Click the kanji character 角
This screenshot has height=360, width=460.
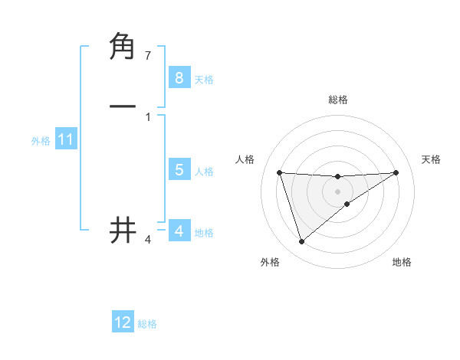[123, 47]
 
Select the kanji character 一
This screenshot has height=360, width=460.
[123, 106]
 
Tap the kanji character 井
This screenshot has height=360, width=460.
[123, 230]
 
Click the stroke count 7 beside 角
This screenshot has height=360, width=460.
[148, 56]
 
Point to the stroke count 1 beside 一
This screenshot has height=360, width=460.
[148, 116]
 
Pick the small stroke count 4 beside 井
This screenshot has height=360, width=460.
[148, 240]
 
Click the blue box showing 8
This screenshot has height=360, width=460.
[179, 77]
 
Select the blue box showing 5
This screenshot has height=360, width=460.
[179, 170]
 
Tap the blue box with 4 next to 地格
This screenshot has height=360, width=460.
[179, 231]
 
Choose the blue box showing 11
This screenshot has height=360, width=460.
[65, 140]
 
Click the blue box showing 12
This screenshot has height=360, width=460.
[123, 322]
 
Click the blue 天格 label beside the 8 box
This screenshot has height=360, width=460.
[204, 79]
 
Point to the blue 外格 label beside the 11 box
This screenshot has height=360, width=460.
[41, 141]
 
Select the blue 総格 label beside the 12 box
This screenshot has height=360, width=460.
[147, 324]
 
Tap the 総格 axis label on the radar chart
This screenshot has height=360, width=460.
[338, 100]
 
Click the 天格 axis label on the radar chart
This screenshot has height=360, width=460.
[432, 159]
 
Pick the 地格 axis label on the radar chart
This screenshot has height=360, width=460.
[402, 262]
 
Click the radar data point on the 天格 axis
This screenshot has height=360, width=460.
[396, 172]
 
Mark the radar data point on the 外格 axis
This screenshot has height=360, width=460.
[301, 242]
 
